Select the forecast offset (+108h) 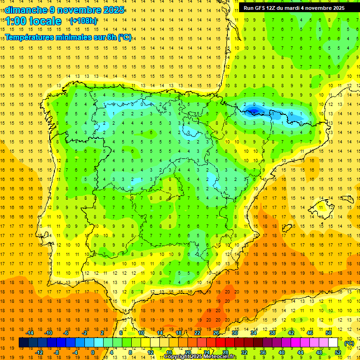coord(83,21)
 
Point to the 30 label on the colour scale coord(234,333)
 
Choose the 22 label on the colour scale coord(197,333)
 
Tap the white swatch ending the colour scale coord(333,343)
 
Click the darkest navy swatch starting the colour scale coord(23,343)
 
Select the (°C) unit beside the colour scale coord(349,343)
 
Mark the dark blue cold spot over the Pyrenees coord(253,111)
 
